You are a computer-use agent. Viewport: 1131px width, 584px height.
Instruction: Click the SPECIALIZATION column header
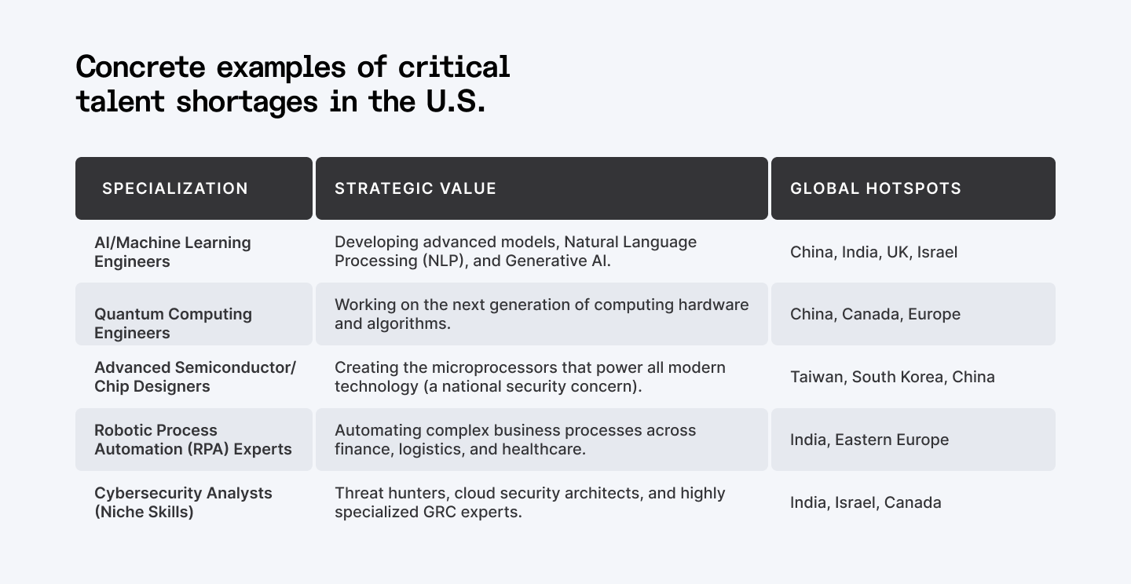pyautogui.click(x=175, y=188)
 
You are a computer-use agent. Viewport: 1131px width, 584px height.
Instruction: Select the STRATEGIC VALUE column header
pyautogui.click(x=415, y=188)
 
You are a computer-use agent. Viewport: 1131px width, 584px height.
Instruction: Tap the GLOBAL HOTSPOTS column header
pyautogui.click(x=876, y=188)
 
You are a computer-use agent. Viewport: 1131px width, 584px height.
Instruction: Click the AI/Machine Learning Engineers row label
pyautogui.click(x=173, y=252)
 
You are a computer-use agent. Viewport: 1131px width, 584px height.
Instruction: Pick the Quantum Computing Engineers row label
pyautogui.click(x=173, y=323)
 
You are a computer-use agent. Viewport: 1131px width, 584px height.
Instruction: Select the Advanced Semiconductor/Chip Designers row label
pyautogui.click(x=195, y=377)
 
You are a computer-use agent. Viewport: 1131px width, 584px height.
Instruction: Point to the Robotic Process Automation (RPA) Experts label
pyautogui.click(x=193, y=440)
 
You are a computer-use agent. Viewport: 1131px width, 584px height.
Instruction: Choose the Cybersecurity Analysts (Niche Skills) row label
pyautogui.click(x=183, y=502)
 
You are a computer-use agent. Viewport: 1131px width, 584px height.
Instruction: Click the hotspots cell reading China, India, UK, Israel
pyautogui.click(x=873, y=252)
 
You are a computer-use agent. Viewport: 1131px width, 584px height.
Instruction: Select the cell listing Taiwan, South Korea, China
pyautogui.click(x=892, y=377)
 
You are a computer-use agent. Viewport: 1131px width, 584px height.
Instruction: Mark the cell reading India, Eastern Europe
pyautogui.click(x=869, y=440)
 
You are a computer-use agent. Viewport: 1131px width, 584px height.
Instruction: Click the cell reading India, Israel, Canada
pyautogui.click(x=866, y=502)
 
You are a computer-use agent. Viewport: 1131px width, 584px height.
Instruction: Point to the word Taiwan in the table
pyautogui.click(x=817, y=377)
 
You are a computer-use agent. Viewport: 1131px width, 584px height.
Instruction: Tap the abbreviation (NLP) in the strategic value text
pyautogui.click(x=443, y=261)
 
